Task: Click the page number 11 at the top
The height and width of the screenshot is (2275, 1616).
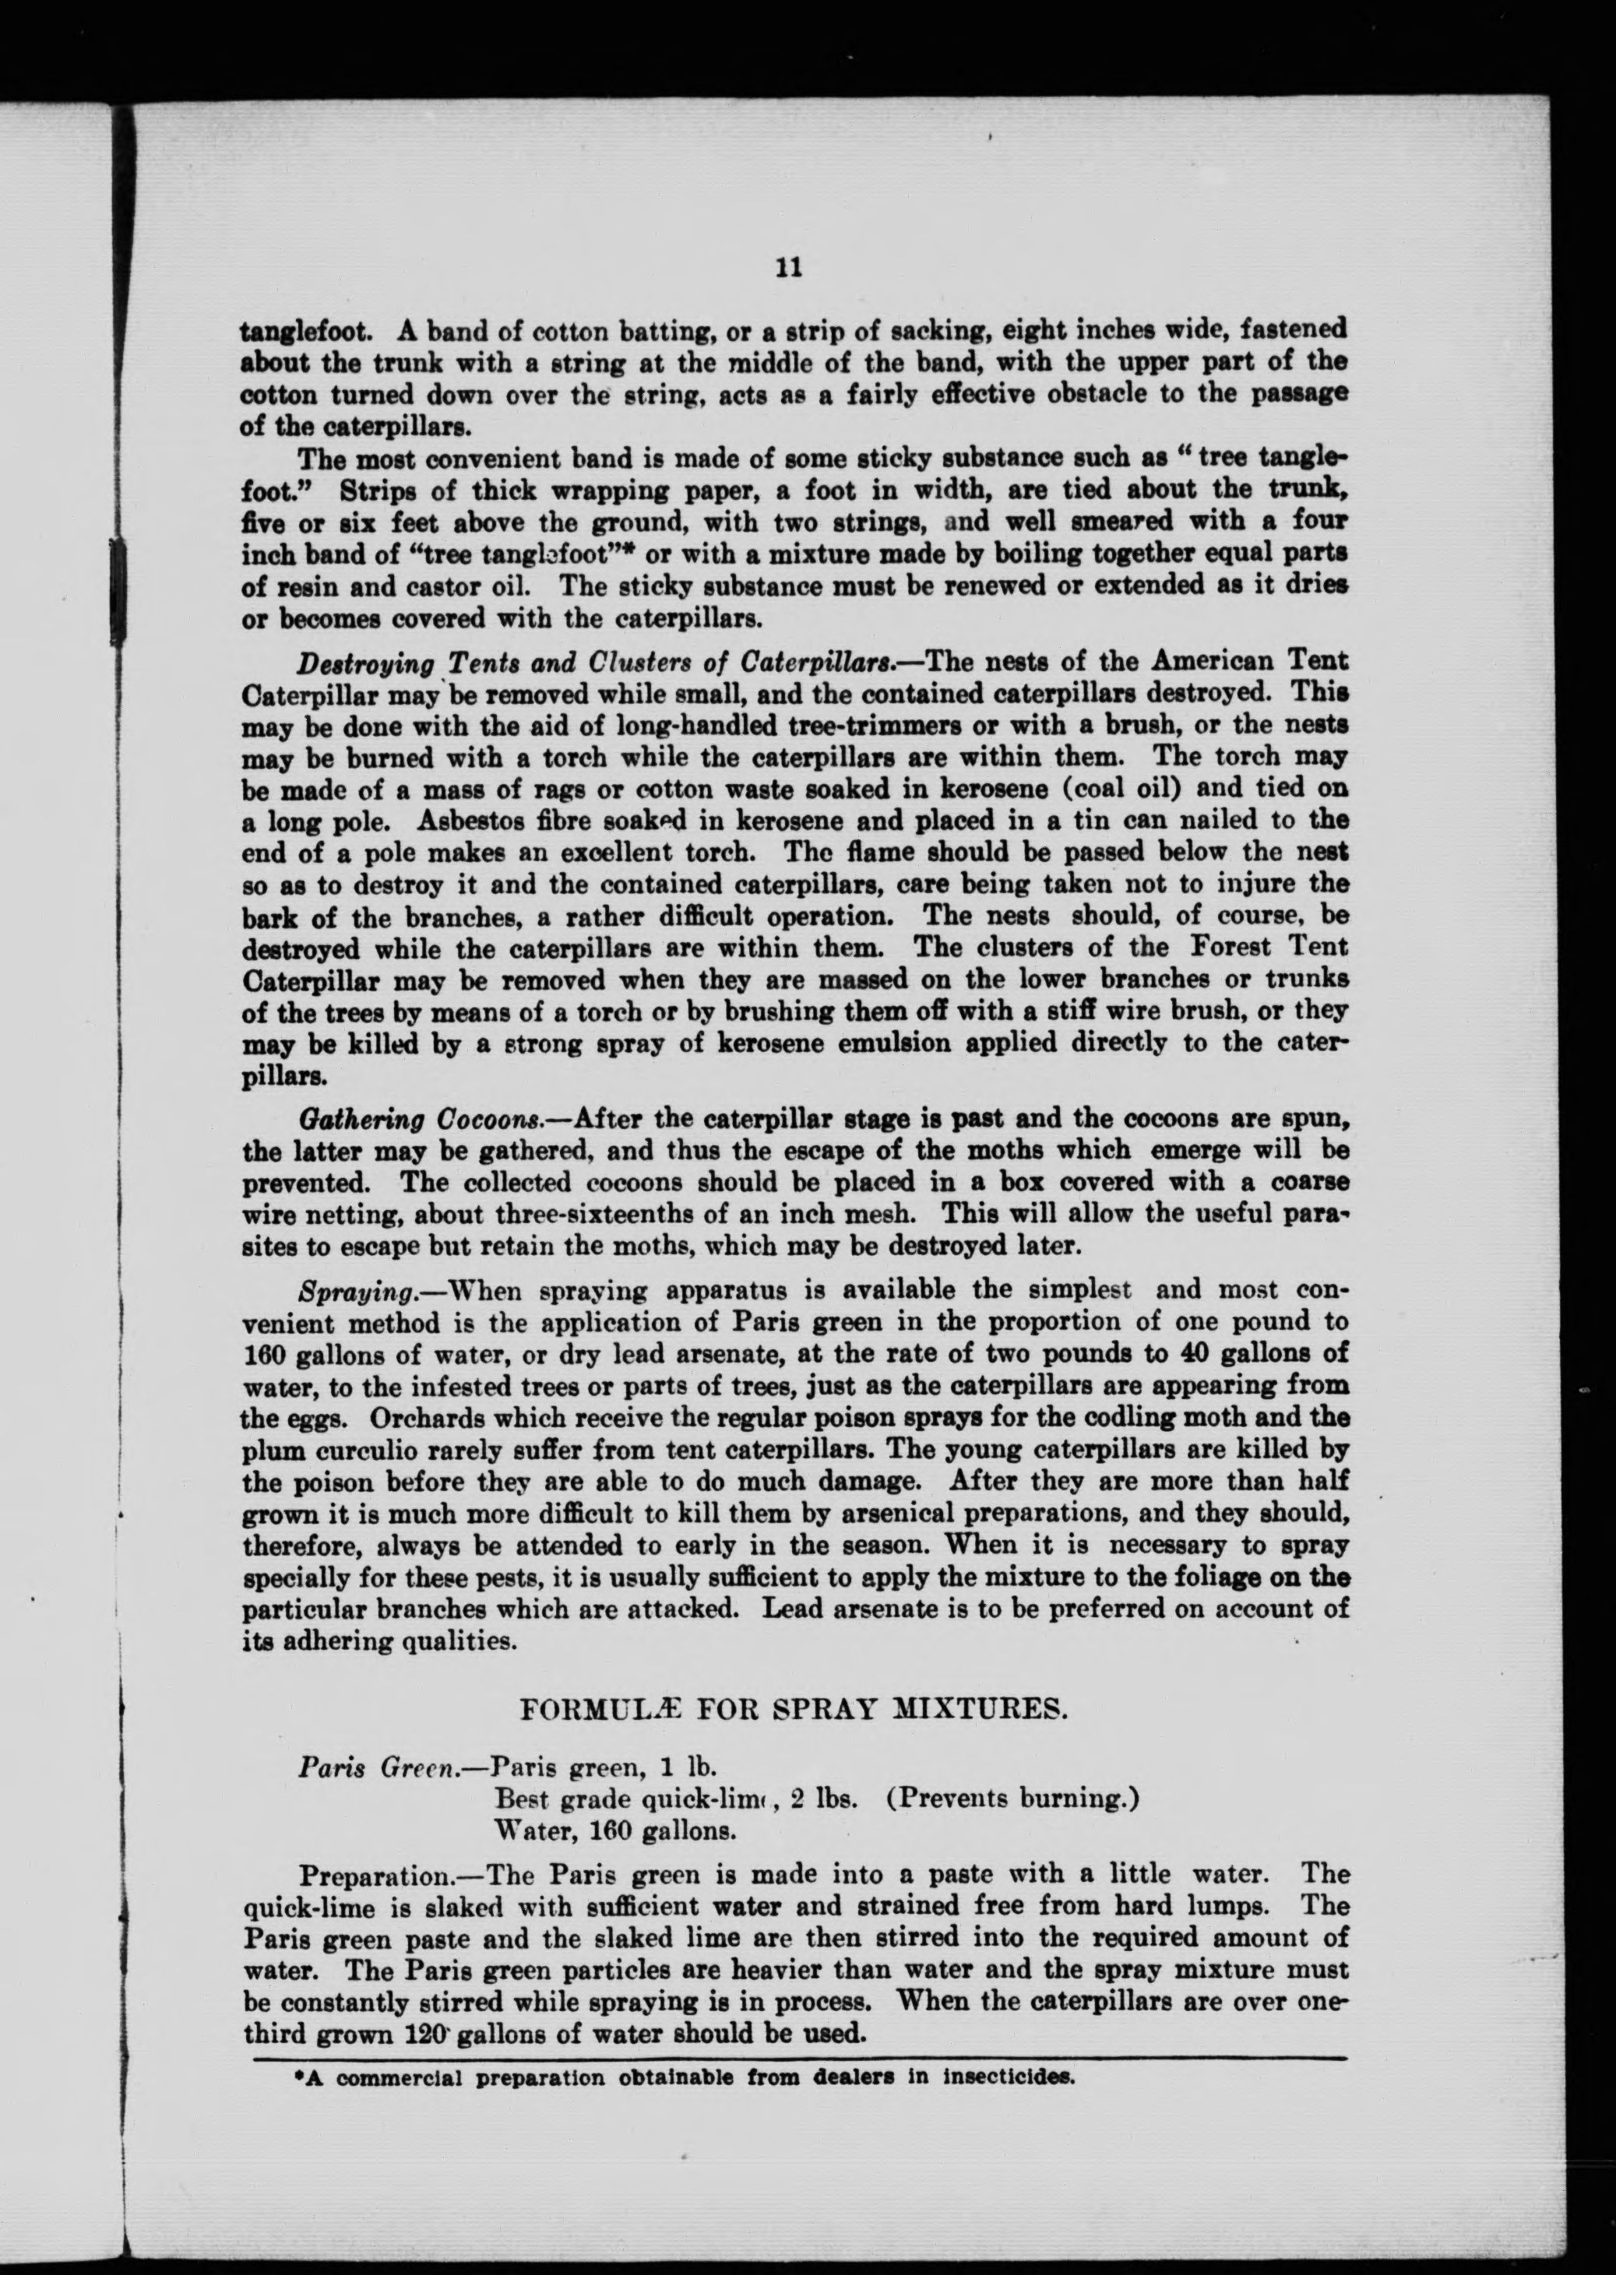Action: [x=787, y=269]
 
